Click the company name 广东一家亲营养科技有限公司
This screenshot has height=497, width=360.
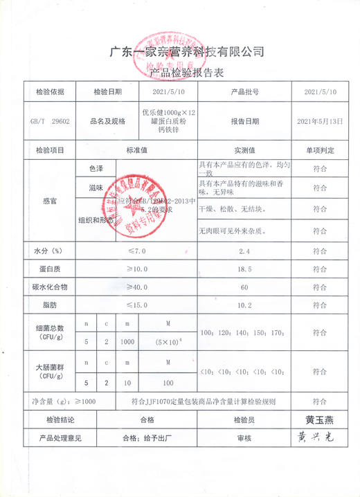coord(188,52)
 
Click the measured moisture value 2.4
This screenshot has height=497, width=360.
coord(244,251)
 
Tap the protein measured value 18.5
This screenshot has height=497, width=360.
coord(244,269)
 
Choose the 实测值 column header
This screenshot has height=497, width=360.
coord(244,150)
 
